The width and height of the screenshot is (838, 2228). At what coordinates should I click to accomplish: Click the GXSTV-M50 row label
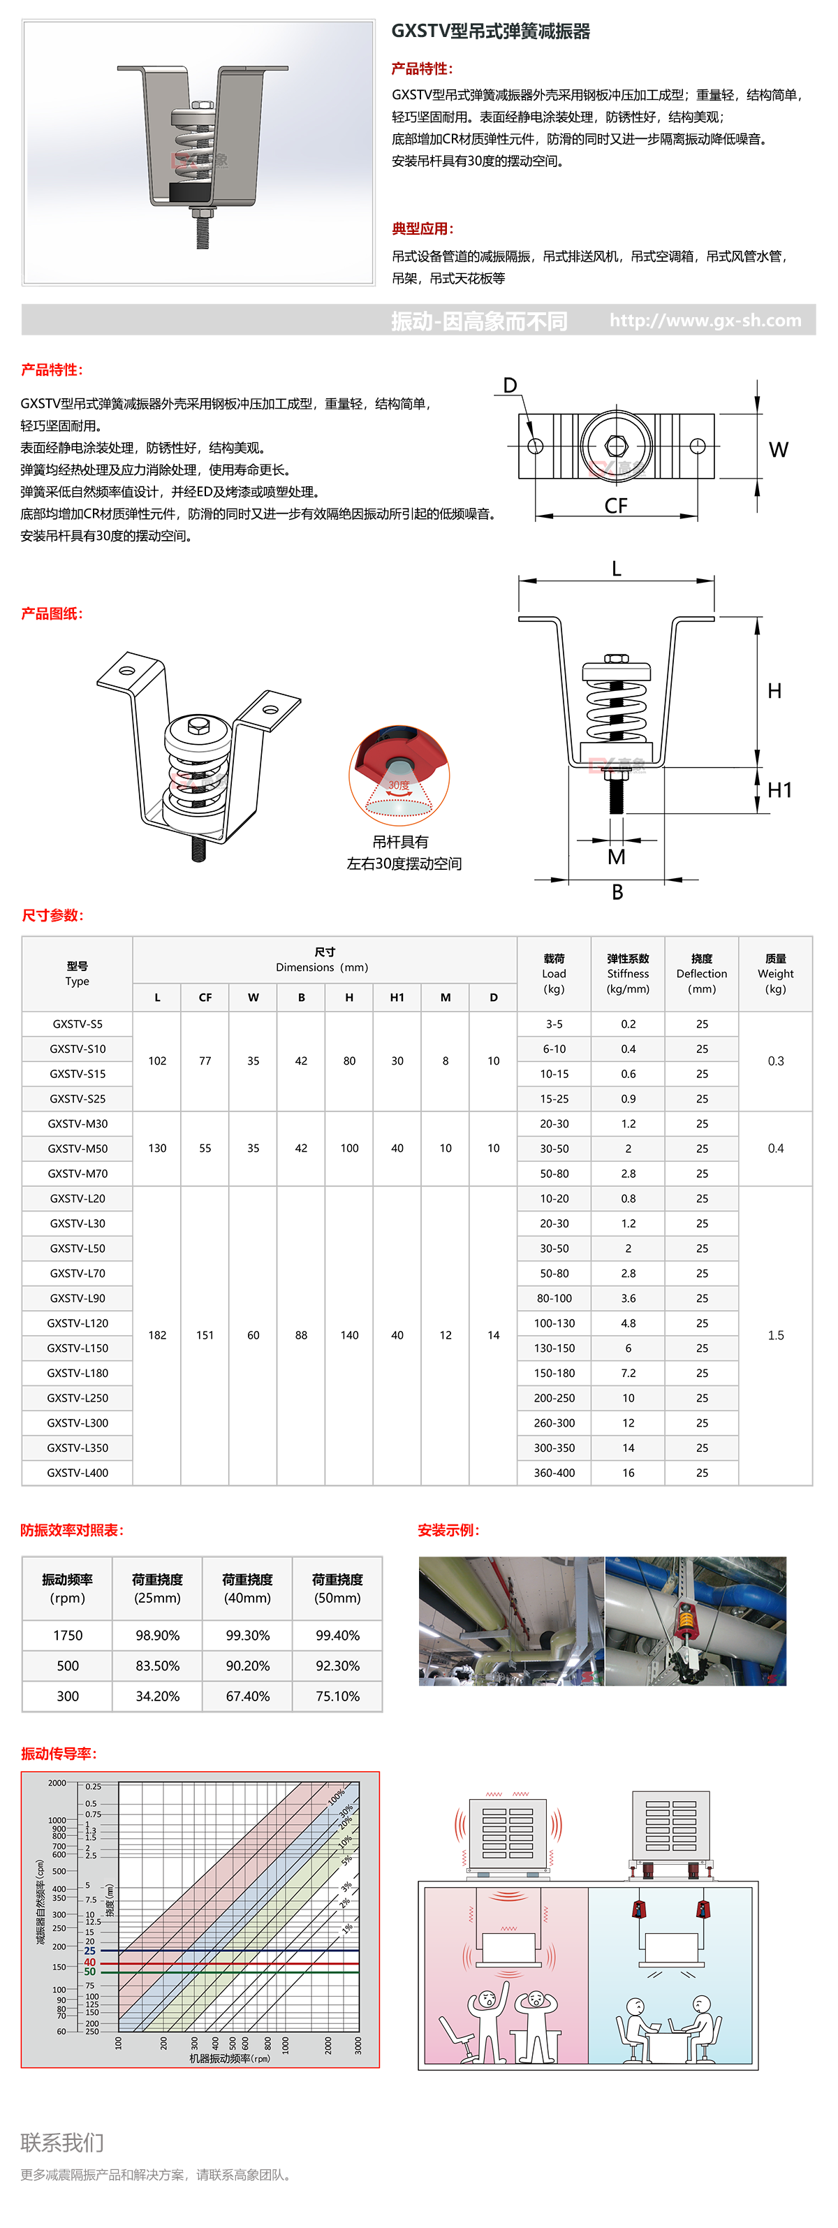point(78,1149)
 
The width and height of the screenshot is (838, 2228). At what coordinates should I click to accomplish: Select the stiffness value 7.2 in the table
point(628,1373)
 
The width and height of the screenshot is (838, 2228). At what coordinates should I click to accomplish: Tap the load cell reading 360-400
point(554,1472)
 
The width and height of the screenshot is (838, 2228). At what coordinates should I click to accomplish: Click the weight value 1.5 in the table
point(776,1335)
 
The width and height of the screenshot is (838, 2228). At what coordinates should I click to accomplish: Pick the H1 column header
point(397,997)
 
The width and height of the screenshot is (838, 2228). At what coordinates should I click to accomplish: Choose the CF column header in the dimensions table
point(205,997)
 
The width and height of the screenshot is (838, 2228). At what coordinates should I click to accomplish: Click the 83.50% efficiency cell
point(157,1666)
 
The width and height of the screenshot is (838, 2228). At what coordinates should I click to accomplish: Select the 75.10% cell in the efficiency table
point(337,1696)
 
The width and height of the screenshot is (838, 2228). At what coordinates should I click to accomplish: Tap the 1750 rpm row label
point(68,1636)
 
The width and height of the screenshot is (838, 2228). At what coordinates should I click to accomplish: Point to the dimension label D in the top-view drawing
point(510,386)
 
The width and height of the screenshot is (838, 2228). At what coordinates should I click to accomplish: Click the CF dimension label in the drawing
point(616,506)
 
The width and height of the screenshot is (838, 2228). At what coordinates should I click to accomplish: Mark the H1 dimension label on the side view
point(779,789)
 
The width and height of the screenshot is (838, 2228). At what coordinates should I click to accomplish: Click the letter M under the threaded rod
point(616,857)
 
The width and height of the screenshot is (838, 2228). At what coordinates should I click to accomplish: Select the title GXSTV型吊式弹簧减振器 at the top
point(490,32)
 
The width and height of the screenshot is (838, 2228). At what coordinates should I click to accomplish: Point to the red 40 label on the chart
point(90,1963)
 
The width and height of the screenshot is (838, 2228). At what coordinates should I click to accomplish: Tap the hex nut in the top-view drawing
point(616,446)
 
